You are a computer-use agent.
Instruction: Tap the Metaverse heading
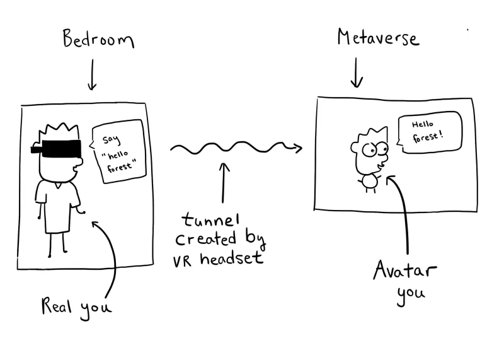coord(377,38)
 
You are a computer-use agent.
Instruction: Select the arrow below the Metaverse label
coord(357,73)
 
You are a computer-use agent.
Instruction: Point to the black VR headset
coord(56,149)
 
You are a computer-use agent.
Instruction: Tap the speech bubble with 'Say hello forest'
coord(119,152)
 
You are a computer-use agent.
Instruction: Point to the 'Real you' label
coord(76,307)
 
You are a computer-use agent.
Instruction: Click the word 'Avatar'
coord(404,272)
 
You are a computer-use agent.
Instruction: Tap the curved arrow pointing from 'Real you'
coord(111,252)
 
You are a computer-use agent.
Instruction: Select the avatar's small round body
coord(369,182)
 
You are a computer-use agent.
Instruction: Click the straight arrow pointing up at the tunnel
coord(225,186)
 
